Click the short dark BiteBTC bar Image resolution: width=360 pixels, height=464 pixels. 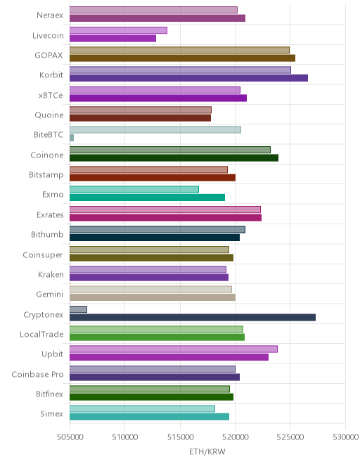point(72,138)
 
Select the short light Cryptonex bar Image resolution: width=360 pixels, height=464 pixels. point(79,309)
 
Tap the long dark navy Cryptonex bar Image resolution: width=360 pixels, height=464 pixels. point(193,318)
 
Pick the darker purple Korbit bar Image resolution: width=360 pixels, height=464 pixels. point(189,78)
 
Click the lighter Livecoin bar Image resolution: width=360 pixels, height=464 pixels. point(118,30)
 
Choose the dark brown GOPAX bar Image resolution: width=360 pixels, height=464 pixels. point(182,58)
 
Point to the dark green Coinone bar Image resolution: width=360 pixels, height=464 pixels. point(174,157)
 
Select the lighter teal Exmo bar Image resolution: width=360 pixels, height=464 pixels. point(134,189)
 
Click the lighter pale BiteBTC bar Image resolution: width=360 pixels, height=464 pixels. point(155,129)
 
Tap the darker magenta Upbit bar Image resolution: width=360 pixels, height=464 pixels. point(169,357)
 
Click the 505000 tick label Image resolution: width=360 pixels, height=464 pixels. point(70,437)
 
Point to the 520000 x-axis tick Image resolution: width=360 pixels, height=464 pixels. point(235,437)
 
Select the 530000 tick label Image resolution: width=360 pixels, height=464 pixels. point(345,437)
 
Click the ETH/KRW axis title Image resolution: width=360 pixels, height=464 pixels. point(207,451)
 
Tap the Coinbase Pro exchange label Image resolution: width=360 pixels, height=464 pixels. point(37,374)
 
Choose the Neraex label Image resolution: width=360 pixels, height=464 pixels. point(50,15)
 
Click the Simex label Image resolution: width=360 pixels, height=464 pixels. point(51,413)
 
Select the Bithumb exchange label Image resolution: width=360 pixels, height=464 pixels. point(47,234)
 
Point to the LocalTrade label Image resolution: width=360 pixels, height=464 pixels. point(41,334)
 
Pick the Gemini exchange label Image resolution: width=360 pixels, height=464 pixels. point(50,294)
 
